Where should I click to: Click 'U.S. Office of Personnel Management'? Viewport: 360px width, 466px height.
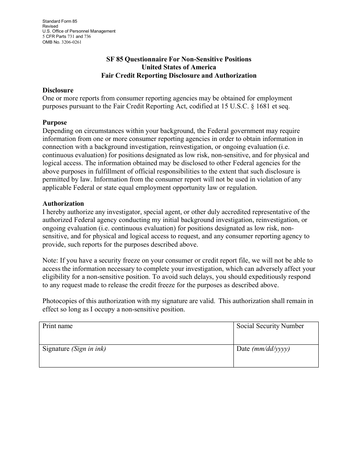click(x=79, y=31)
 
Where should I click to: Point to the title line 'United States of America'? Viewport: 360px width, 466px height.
click(x=179, y=67)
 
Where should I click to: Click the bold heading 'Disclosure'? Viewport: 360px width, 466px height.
click(x=58, y=91)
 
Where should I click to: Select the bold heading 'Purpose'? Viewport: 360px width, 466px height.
click(x=55, y=123)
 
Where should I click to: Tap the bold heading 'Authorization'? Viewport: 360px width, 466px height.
click(x=63, y=204)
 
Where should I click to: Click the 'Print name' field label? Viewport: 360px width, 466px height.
click(x=58, y=326)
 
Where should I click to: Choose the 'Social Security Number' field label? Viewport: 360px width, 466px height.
click(x=270, y=326)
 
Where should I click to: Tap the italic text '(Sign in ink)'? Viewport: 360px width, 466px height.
click(x=89, y=349)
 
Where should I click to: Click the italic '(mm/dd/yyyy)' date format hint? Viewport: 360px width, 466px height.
click(x=271, y=349)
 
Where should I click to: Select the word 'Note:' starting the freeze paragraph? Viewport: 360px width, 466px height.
click(x=51, y=260)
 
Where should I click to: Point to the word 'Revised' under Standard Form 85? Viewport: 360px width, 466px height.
click(x=50, y=27)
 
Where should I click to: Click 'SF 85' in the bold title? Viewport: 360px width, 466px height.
click(x=115, y=59)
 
